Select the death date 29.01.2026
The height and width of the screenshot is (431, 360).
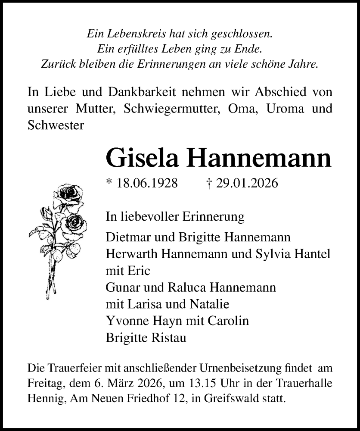(245, 183)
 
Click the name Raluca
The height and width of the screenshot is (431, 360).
(186, 287)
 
